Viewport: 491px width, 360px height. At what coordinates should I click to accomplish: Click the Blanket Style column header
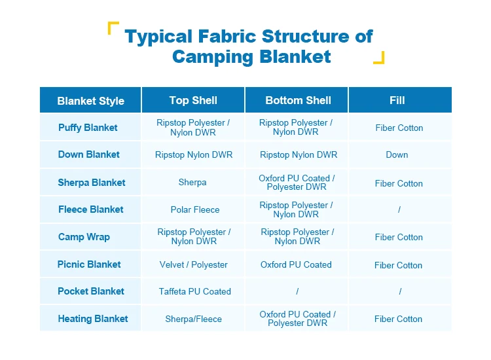click(90, 101)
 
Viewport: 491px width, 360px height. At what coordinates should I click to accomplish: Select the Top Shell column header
click(193, 100)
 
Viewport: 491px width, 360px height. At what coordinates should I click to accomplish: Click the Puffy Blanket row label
click(88, 128)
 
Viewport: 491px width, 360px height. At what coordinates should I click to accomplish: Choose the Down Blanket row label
click(89, 154)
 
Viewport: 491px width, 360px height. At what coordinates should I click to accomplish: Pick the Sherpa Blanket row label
click(92, 183)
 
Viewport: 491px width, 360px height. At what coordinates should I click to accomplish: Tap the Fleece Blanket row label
click(91, 209)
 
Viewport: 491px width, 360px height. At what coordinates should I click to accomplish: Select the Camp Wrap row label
click(84, 237)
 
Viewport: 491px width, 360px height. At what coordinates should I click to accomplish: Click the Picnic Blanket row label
click(89, 264)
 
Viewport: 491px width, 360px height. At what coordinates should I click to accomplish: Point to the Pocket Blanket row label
click(91, 291)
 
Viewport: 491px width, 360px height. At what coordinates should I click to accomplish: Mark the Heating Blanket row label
click(93, 319)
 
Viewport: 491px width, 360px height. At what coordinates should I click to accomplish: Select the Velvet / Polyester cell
click(194, 265)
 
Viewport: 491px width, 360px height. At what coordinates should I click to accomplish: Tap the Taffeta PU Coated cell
click(195, 291)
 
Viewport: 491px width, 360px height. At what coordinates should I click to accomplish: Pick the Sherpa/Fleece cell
click(194, 319)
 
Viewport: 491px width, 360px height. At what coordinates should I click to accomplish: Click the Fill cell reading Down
click(397, 155)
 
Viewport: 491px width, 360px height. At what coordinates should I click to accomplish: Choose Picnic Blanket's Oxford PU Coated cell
click(296, 264)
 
